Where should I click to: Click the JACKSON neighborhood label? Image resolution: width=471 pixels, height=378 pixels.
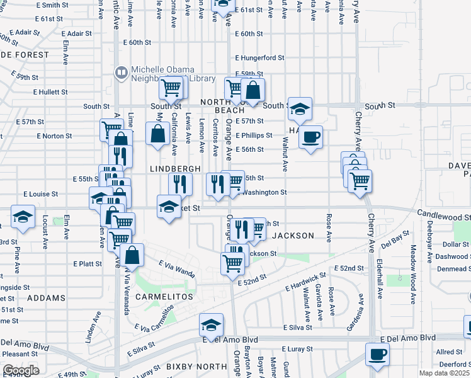pos(293,236)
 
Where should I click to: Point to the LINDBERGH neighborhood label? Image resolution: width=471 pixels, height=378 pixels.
pos(175,169)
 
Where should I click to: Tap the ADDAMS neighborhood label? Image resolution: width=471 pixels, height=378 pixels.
pos(47,297)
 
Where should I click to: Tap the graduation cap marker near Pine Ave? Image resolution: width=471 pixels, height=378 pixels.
pos(23,218)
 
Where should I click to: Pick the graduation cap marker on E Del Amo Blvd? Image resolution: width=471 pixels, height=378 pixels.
pos(210,324)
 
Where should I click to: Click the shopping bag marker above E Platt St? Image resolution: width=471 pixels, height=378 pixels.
pos(132,255)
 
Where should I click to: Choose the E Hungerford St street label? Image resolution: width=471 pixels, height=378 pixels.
pos(259,57)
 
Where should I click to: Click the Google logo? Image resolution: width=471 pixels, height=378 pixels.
pos(20,370)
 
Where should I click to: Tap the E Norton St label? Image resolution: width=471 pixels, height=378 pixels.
pos(55,135)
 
